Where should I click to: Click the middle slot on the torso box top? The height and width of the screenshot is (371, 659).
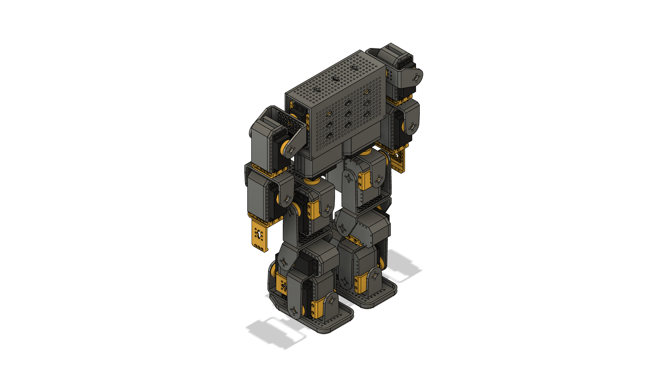pyautogui.click(x=335, y=79)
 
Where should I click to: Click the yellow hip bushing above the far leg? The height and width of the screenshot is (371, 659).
pyautogui.click(x=366, y=151)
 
